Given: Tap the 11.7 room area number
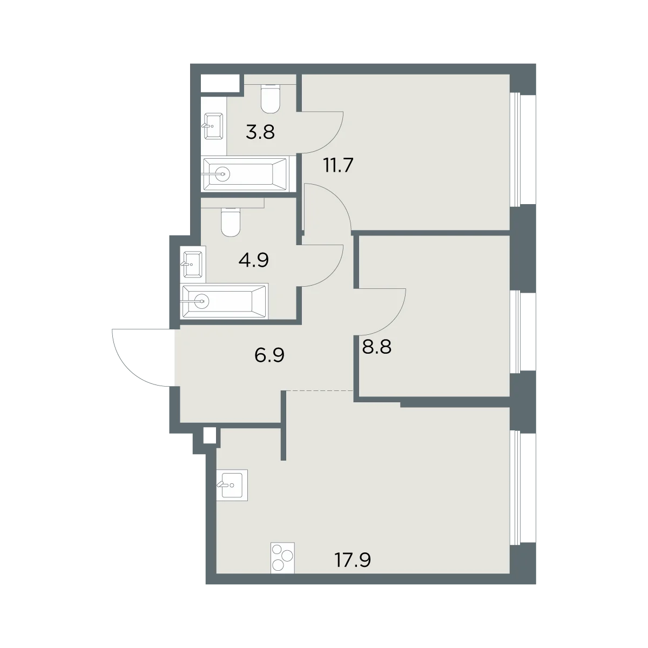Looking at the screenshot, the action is (337, 165).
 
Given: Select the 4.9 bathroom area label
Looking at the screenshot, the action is (254, 260).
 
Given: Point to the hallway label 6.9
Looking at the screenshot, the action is (269, 355).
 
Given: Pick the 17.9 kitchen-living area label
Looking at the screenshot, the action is (353, 560).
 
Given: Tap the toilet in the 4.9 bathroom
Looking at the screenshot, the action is (231, 222).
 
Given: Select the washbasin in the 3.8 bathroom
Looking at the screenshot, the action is (214, 126).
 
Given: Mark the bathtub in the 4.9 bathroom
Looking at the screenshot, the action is (224, 301).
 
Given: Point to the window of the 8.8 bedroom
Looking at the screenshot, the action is (523, 331).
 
